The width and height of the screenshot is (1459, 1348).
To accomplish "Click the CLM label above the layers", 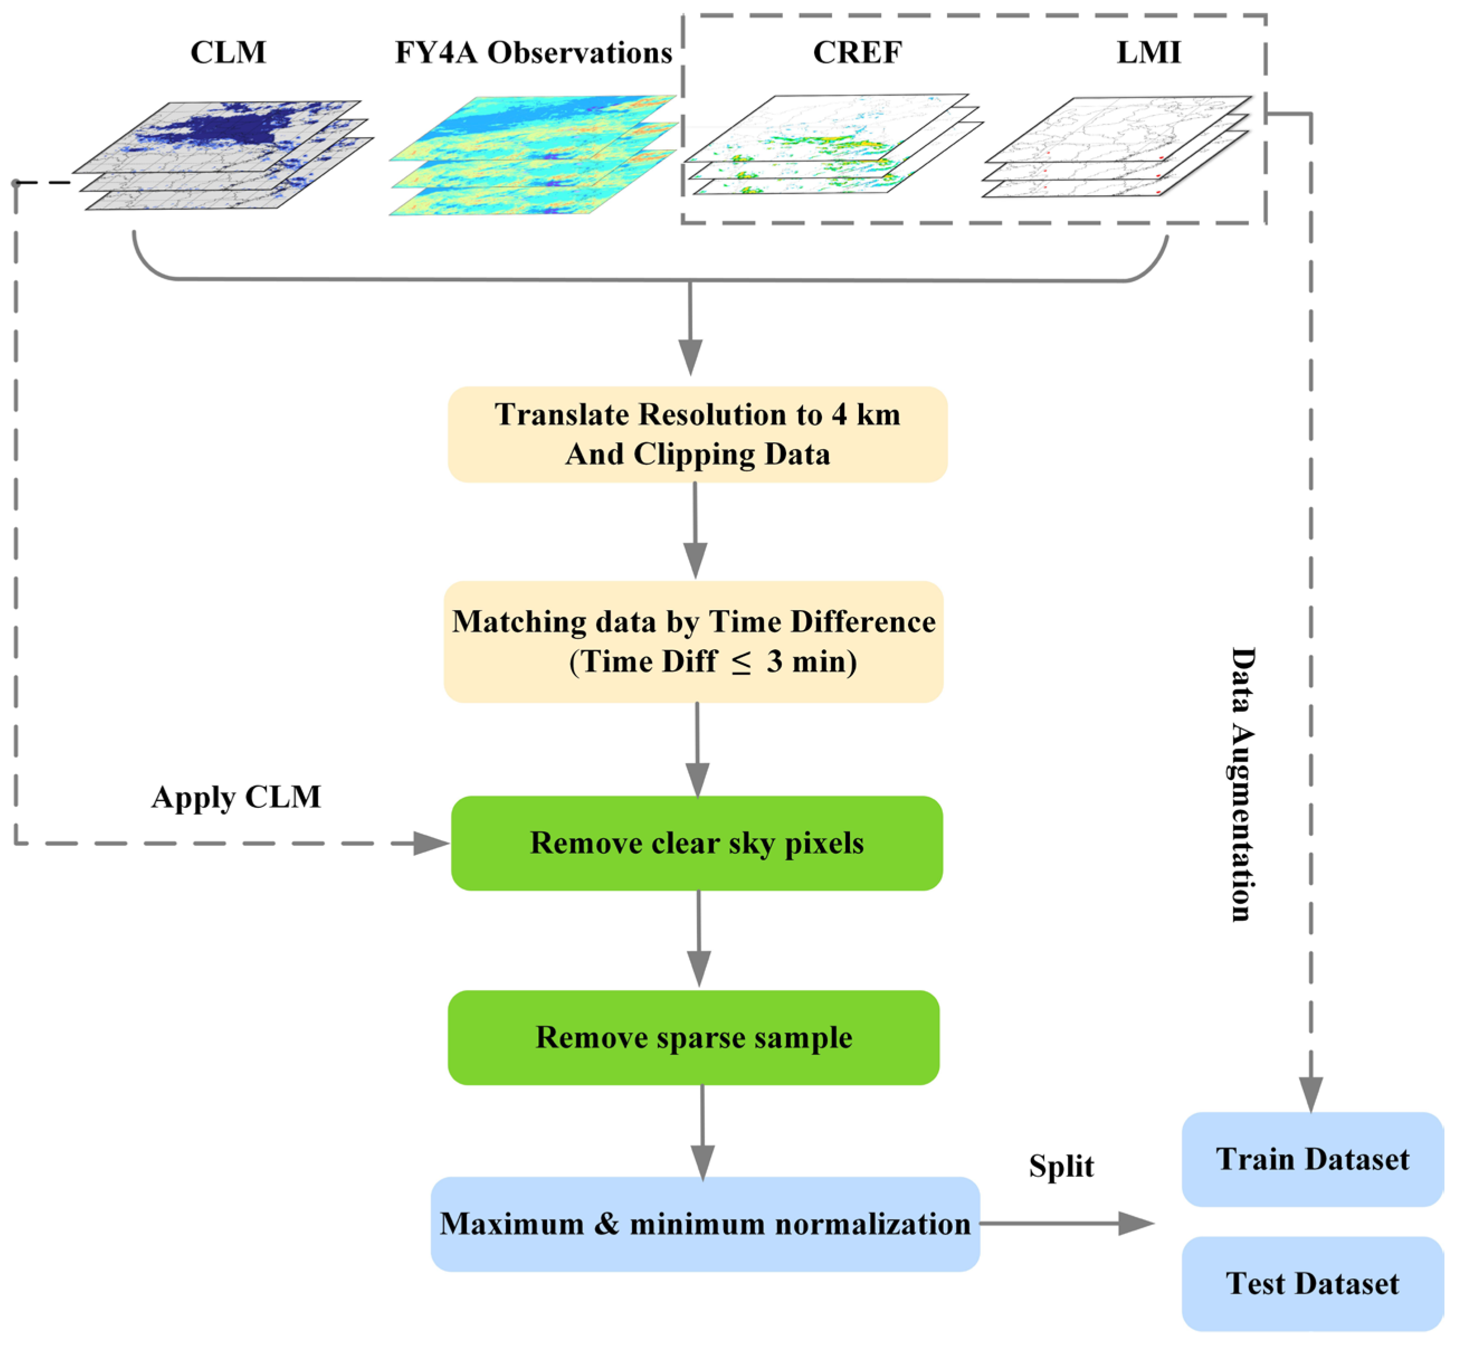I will coord(228,53).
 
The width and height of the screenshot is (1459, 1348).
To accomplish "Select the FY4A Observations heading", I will coord(533,53).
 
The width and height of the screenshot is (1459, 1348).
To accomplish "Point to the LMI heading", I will coord(1148,53).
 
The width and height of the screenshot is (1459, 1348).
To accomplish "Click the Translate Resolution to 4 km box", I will coord(697,434).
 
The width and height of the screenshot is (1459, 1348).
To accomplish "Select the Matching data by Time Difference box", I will coord(693,641).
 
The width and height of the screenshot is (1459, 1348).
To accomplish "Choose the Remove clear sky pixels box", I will coord(696,843).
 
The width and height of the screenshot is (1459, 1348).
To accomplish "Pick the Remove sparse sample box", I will coord(693,1037).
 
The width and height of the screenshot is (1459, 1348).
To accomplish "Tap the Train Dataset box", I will coord(1313,1159).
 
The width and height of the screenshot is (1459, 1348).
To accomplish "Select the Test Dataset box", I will coord(1313,1284).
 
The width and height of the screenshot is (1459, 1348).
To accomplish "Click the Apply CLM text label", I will coord(236,797).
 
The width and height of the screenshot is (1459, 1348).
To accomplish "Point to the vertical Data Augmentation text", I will coord(1243,784).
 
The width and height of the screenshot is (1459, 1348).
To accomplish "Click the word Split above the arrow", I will coord(1061,1166).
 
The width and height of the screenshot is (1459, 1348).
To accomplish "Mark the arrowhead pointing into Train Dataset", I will coord(1311,1094).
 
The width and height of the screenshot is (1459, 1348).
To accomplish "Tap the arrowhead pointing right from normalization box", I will coord(1136,1223).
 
